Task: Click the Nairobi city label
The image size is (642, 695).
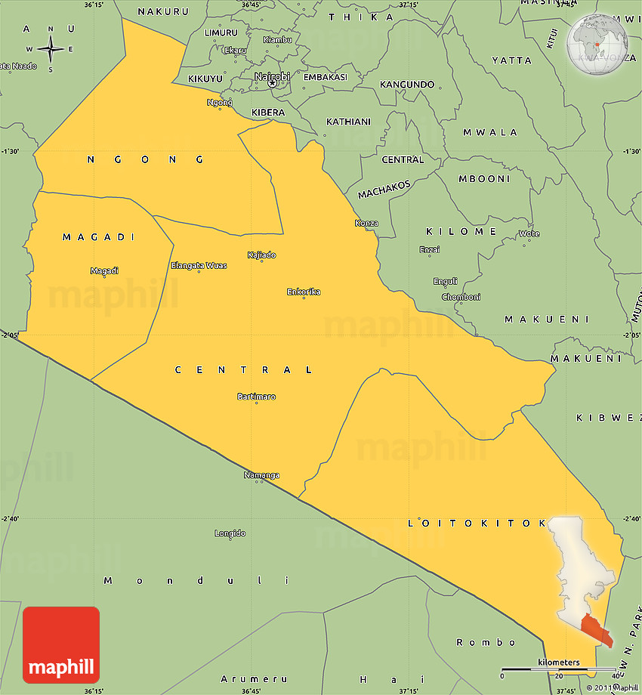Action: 272,76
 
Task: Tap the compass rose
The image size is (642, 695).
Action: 50,50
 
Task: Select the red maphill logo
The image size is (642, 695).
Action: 61,644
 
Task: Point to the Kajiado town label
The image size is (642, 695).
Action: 261,255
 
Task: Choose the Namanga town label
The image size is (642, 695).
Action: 261,475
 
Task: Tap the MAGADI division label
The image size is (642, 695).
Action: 98,237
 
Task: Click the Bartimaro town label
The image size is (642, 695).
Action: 256,397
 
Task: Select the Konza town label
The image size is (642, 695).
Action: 366,223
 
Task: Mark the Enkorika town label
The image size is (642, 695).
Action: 304,292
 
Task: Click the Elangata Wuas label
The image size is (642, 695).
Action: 199,265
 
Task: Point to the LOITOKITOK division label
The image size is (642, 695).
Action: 476,523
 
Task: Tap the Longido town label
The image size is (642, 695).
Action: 230,533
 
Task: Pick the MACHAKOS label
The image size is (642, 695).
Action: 384,189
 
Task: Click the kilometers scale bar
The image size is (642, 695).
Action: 558,669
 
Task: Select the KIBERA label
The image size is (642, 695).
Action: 268,113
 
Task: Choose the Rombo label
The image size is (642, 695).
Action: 476,643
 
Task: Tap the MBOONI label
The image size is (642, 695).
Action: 484,179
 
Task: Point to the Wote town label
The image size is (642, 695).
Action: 529,233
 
